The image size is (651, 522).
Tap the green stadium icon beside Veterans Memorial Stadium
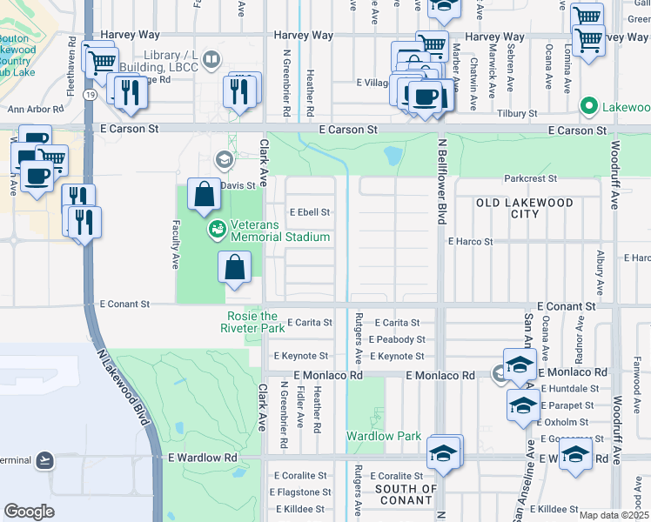click(x=217, y=230)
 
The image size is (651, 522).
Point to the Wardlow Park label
click(x=384, y=436)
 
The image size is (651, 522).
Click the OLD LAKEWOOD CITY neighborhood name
click(x=525, y=208)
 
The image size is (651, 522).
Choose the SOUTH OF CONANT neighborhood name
click(x=406, y=494)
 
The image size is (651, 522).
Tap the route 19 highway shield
click(x=91, y=94)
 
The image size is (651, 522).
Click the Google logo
click(x=29, y=512)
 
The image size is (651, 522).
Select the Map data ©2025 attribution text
click(x=614, y=515)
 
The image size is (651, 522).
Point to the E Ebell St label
click(x=310, y=212)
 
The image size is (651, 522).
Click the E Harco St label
click(x=470, y=242)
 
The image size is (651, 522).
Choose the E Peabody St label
click(x=396, y=339)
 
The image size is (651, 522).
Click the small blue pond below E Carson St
click(x=393, y=157)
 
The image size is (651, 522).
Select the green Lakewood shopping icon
click(x=588, y=107)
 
